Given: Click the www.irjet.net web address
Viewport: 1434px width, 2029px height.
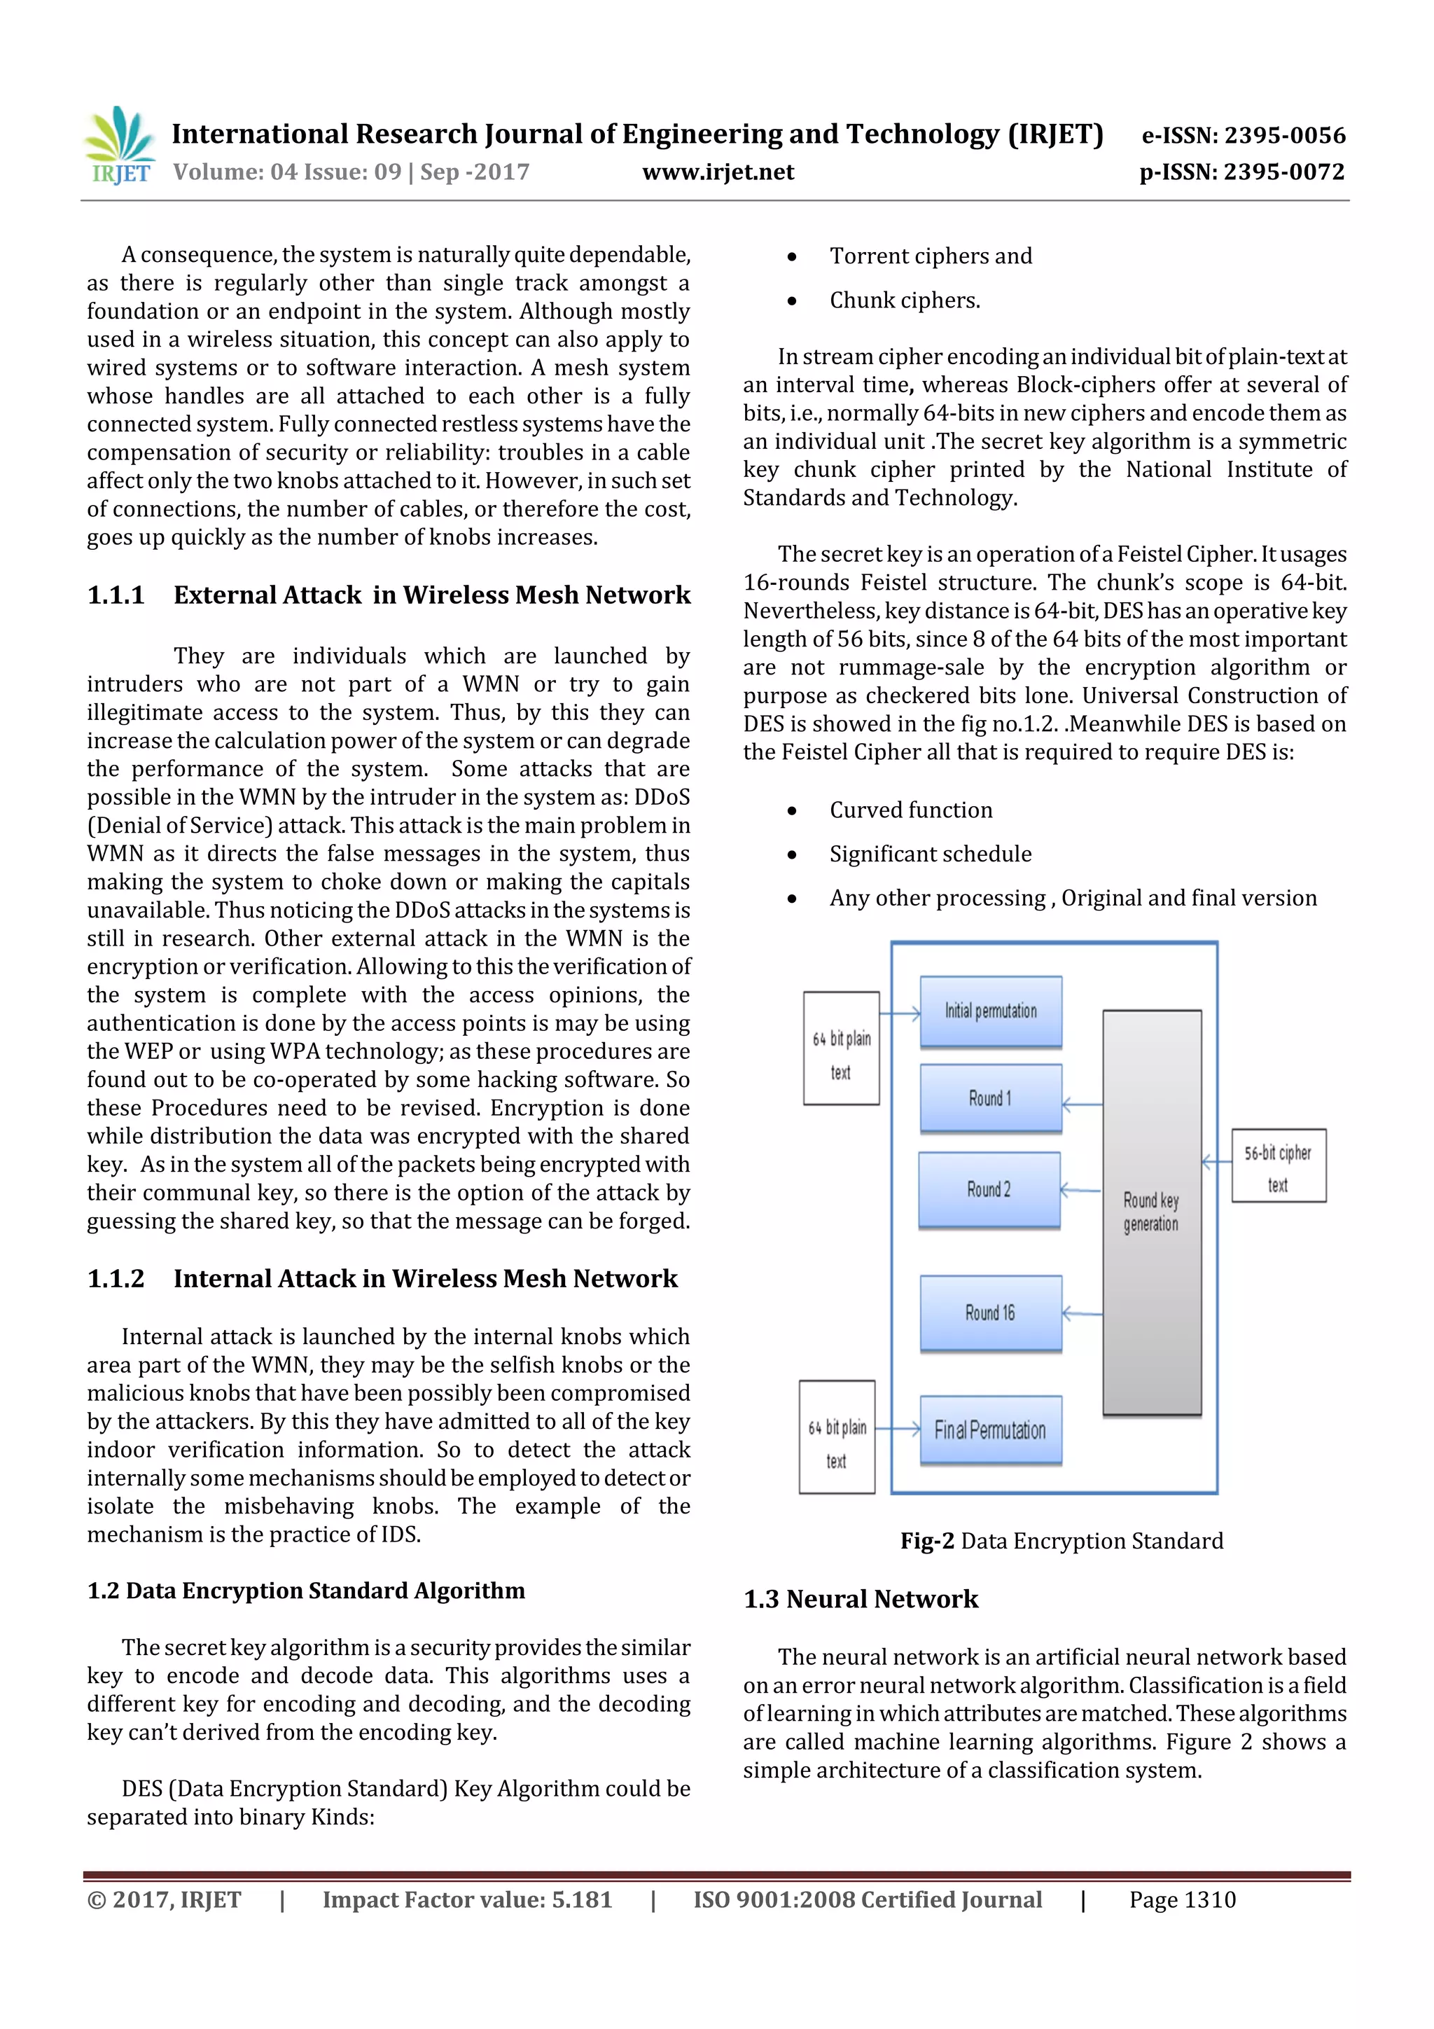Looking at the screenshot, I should [x=718, y=172].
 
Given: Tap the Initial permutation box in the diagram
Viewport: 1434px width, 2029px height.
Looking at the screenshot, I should [x=991, y=1011].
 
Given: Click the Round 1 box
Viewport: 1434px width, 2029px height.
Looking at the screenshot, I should [x=991, y=1097].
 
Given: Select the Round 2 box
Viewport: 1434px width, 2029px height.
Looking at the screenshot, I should [x=989, y=1189].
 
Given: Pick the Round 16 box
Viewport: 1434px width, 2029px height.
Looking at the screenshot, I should [x=991, y=1313].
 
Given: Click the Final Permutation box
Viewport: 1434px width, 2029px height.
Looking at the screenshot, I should [x=991, y=1430].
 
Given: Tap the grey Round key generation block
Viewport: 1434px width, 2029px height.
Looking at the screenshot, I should [x=1151, y=1212].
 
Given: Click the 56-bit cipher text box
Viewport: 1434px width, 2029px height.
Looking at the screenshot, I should [x=1279, y=1165].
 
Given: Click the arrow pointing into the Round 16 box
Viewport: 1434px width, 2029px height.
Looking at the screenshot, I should [x=1083, y=1314].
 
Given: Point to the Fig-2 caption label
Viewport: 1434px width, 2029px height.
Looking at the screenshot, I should [x=927, y=1542].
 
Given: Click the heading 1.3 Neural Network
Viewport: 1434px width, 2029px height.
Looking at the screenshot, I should [x=861, y=1600].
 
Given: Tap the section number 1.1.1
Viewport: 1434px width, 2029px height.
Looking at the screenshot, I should [x=116, y=595].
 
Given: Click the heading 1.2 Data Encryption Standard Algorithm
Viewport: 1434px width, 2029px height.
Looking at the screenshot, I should [x=306, y=1591].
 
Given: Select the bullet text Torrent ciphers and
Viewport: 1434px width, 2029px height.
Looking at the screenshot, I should [x=931, y=256].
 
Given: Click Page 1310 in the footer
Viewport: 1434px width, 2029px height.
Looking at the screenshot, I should [x=1182, y=1900].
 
